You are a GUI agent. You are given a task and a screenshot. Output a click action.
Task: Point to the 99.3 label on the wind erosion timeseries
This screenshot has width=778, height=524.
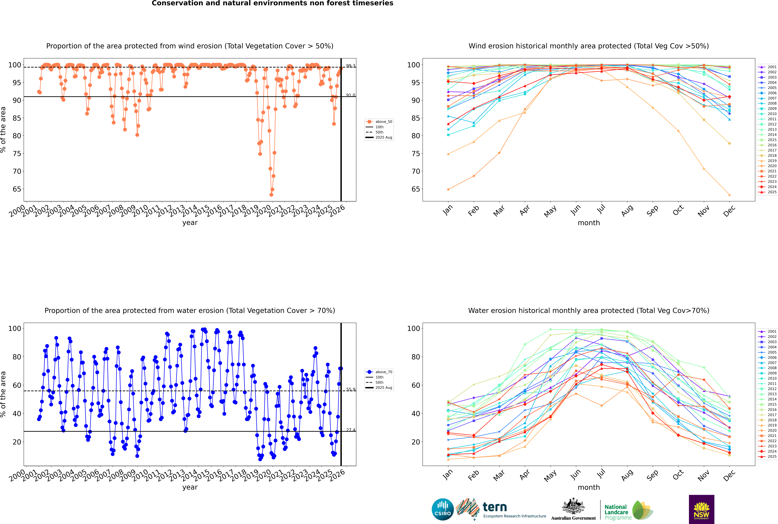tap(351, 66)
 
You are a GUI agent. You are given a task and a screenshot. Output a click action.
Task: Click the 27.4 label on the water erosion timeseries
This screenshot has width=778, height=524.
tap(351, 430)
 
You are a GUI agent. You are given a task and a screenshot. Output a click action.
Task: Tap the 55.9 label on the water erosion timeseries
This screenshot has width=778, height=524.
tap(351, 389)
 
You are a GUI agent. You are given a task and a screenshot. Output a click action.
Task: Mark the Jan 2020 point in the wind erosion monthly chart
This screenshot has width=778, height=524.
tap(448, 190)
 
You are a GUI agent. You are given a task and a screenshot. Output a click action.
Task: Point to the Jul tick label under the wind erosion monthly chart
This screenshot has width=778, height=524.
tap(601, 210)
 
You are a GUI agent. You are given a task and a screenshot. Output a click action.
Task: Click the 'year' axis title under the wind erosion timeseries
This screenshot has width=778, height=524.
tap(190, 223)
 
